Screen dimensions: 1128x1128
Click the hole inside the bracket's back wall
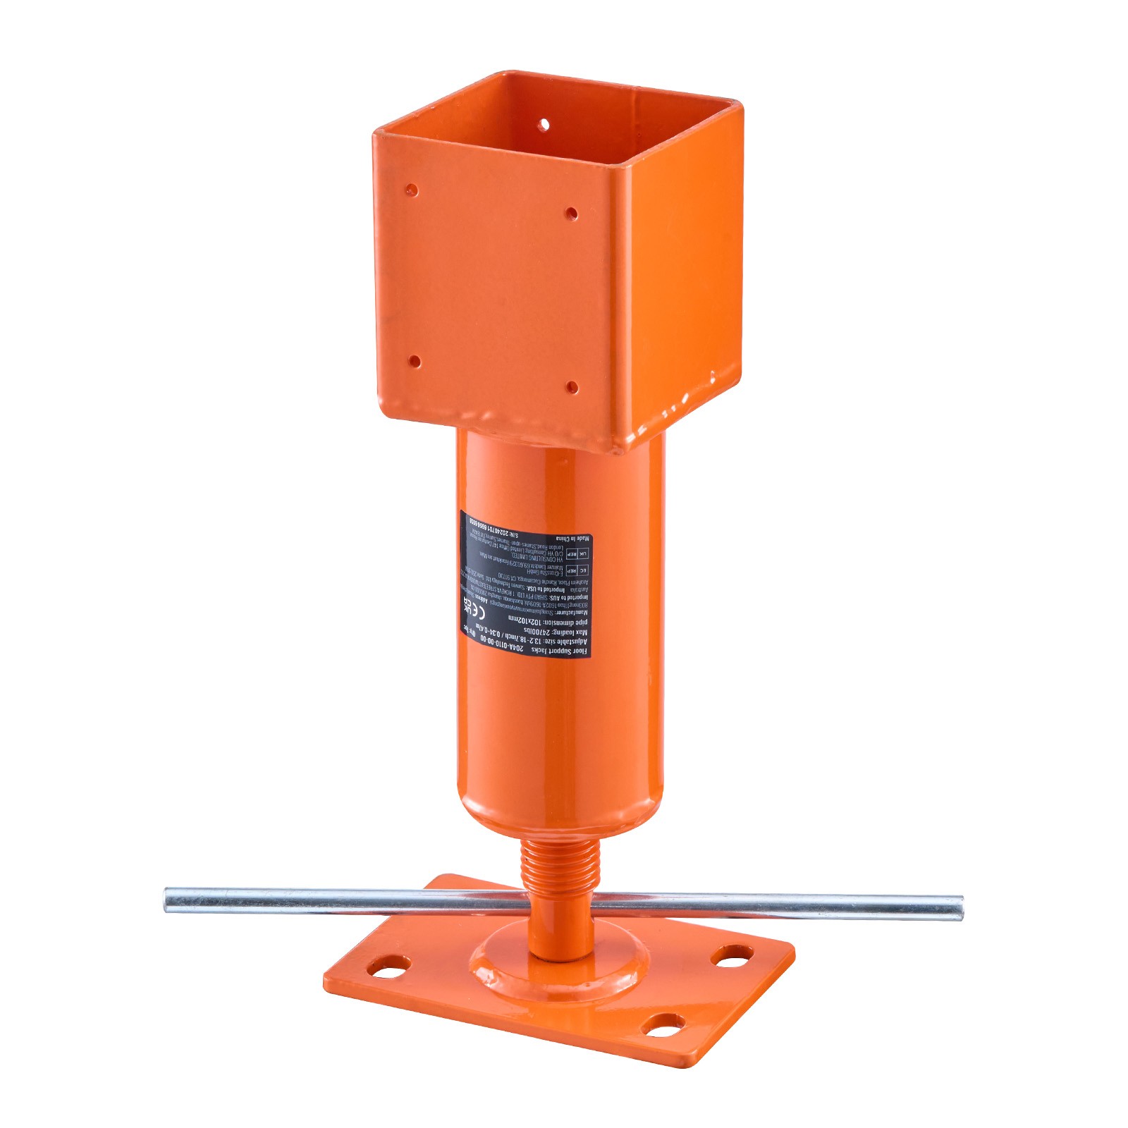click(544, 125)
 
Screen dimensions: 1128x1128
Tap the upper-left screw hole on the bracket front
click(412, 190)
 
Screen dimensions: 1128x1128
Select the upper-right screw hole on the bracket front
click(572, 212)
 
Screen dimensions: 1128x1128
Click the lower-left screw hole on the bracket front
click(415, 362)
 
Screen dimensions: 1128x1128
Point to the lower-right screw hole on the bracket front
click(572, 386)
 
